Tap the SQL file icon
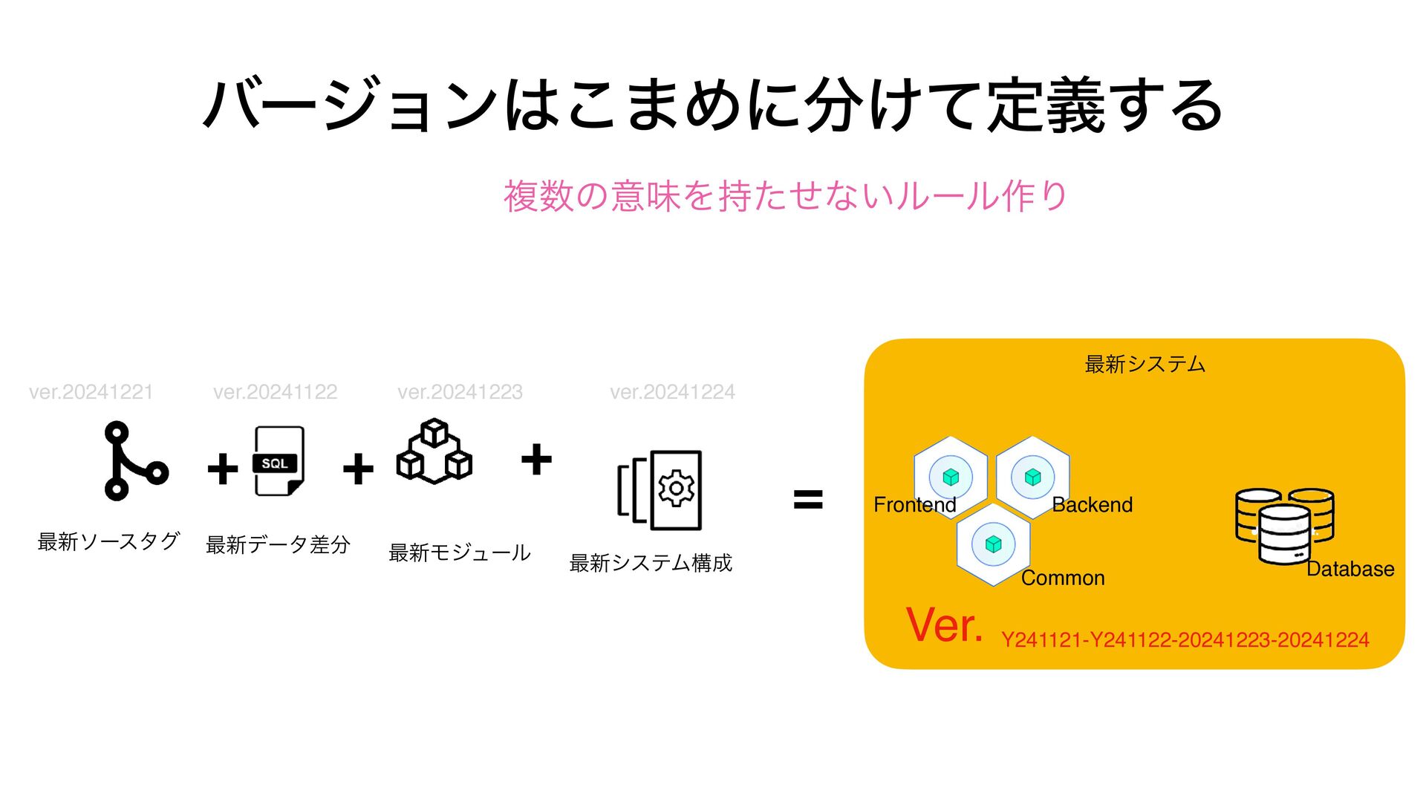[279, 461]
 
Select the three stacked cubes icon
[434, 451]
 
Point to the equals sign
[808, 499]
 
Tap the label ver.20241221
[91, 392]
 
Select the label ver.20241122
[275, 392]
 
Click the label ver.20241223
[460, 392]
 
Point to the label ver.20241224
[672, 392]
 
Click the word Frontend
[914, 505]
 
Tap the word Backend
[1092, 505]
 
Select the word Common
[1063, 578]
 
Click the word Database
[1350, 569]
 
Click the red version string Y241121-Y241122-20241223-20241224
[1185, 640]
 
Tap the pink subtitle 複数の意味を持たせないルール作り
[785, 196]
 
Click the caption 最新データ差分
[278, 545]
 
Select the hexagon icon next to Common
[994, 544]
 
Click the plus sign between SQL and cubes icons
[358, 469]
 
